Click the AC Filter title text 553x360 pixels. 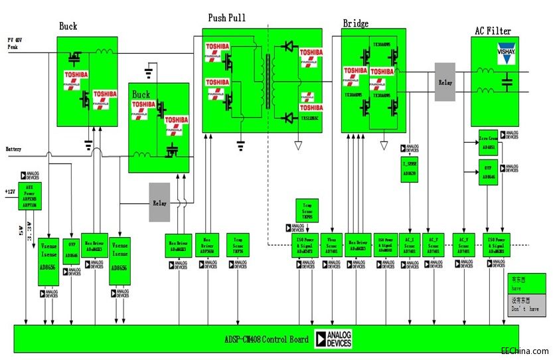point(493,31)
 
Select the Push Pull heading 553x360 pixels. point(226,18)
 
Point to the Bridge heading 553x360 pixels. point(355,24)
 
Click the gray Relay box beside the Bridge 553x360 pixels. point(445,82)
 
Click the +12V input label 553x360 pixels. point(9,191)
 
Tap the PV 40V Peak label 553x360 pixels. point(17,44)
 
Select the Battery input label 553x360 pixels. point(14,149)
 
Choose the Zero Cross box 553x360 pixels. point(488,143)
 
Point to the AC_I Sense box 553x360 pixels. point(410,245)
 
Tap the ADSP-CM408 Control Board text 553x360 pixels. point(262,339)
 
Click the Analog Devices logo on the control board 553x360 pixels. point(333,339)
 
